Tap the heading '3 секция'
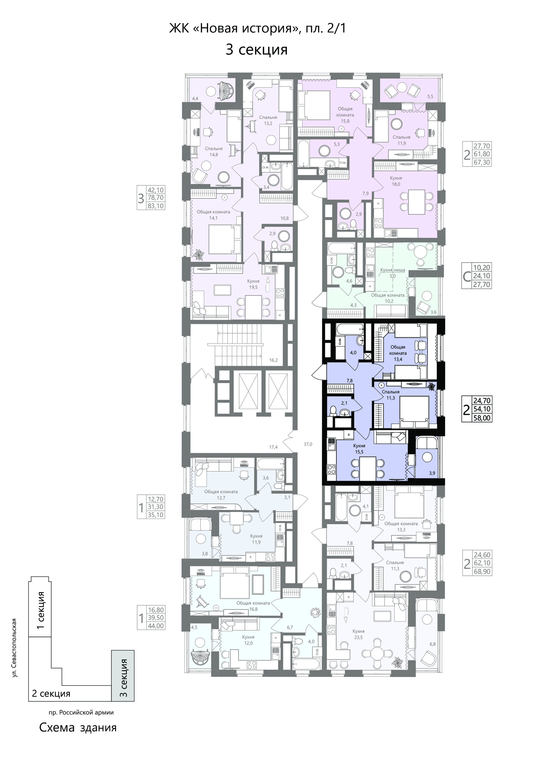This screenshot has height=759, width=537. point(257,50)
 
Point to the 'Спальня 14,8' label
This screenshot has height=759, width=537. point(214,151)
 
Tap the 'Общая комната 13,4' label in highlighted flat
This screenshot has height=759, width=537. point(398,353)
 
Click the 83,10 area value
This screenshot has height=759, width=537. point(156,206)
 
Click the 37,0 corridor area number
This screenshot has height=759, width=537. point(308,444)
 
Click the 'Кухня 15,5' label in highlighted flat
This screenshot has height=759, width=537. point(359,449)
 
